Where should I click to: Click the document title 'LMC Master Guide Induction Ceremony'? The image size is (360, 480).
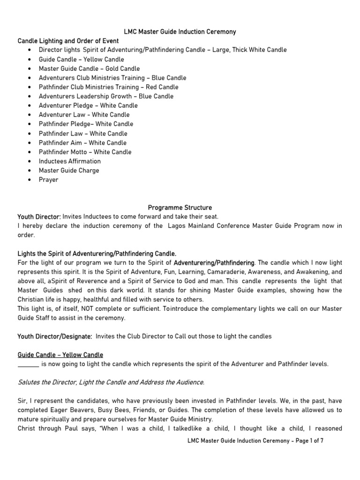(x=180, y=32)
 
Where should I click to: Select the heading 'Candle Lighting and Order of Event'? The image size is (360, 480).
(x=68, y=41)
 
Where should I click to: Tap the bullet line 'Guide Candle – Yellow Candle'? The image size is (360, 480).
(x=82, y=59)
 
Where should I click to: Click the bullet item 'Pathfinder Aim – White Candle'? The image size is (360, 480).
(x=82, y=142)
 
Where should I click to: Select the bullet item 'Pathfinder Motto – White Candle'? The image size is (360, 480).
(x=85, y=152)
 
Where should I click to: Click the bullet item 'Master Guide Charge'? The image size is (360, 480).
(x=69, y=170)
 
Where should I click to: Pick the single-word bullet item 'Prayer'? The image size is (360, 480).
(x=49, y=180)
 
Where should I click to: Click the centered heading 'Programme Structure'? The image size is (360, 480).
(x=180, y=207)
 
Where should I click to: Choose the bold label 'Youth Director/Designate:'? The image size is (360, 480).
(x=55, y=336)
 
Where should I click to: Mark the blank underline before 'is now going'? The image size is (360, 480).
(x=28, y=364)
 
